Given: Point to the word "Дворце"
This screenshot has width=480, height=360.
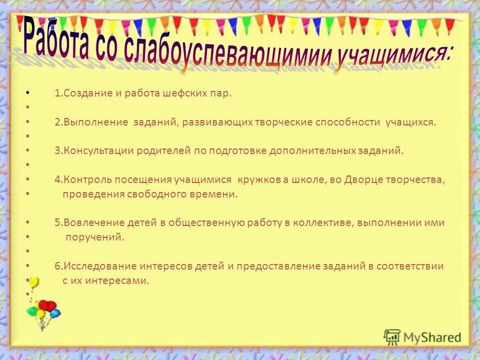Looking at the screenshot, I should click(x=363, y=180).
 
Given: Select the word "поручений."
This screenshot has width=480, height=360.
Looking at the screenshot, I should click(x=95, y=237).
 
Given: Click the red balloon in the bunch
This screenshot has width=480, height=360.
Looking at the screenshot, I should click(x=47, y=305).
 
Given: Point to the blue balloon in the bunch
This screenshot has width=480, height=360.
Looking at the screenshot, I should click(x=55, y=313).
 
